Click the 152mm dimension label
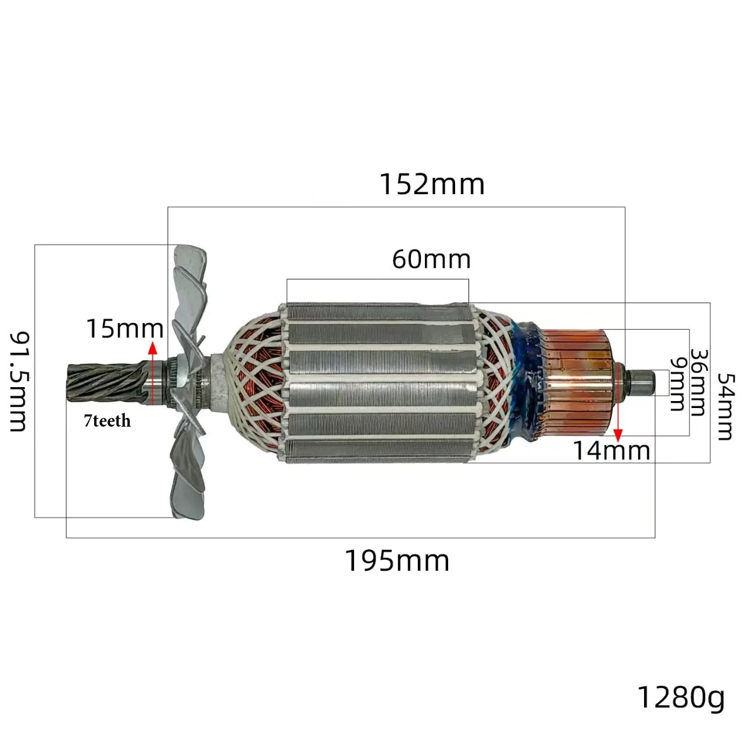click(x=432, y=185)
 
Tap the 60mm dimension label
click(x=431, y=259)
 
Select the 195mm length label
click(x=397, y=560)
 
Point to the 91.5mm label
click(x=19, y=381)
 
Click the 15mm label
click(x=125, y=328)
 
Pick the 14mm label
click(x=611, y=450)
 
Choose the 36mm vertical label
click(x=699, y=382)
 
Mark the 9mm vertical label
click(x=678, y=384)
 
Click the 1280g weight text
click(x=681, y=697)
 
